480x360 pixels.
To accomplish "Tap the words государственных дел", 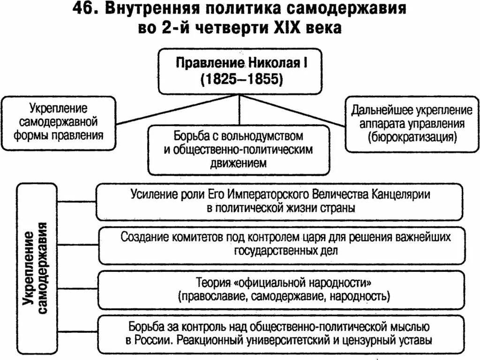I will [285, 249].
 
